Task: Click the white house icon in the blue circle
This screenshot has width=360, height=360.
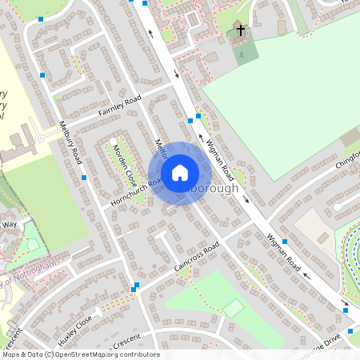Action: tap(180, 173)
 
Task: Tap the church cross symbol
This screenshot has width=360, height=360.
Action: tap(239, 31)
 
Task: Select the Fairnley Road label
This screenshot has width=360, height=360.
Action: tap(120, 106)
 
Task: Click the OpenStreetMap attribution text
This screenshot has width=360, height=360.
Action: tap(80, 354)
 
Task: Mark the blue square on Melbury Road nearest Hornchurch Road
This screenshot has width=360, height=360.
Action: tap(84, 178)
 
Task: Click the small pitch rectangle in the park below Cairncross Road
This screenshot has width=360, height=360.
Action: tap(233, 307)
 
